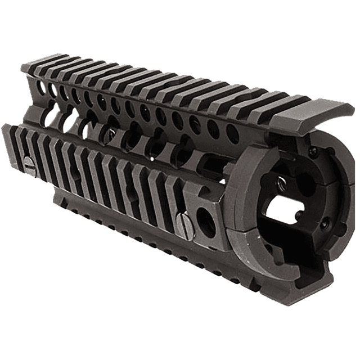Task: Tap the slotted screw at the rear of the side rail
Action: [x=29, y=164]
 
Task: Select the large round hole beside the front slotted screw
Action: [x=206, y=222]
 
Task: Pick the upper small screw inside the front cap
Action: [x=312, y=150]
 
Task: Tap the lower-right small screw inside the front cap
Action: [x=325, y=223]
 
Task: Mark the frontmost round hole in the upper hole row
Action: [x=232, y=133]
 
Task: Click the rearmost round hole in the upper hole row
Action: [x=40, y=87]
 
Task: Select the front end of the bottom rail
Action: [x=281, y=292]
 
